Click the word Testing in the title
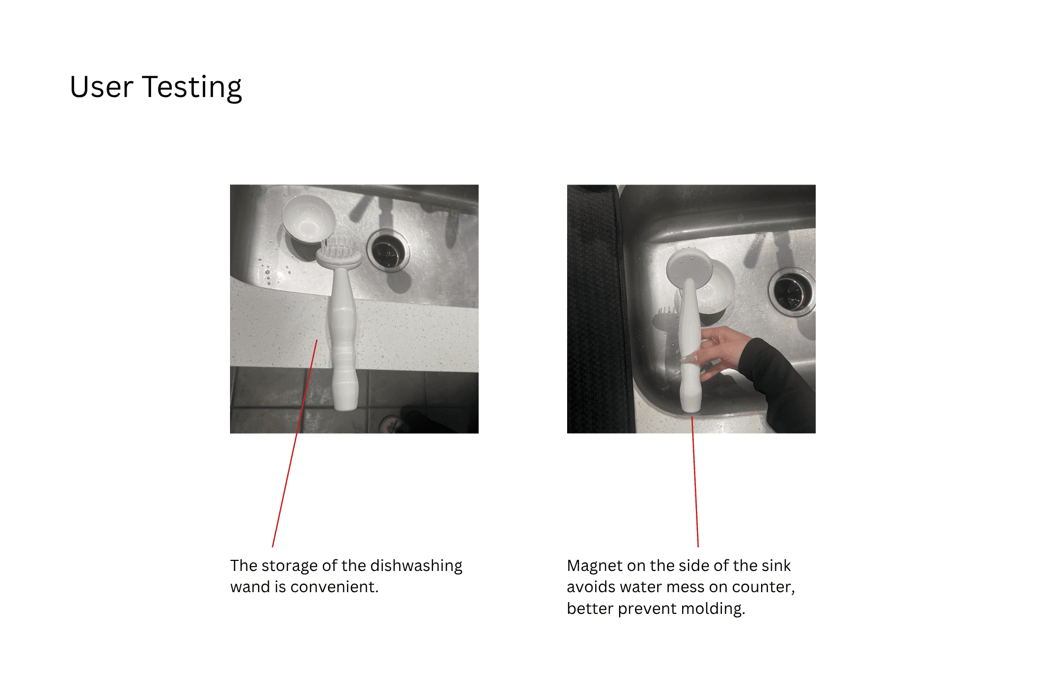pos(192,87)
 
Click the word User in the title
pos(101,87)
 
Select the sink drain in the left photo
pos(388,250)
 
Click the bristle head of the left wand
pos(339,252)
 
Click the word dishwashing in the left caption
pos(416,566)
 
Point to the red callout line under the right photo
pos(695,481)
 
